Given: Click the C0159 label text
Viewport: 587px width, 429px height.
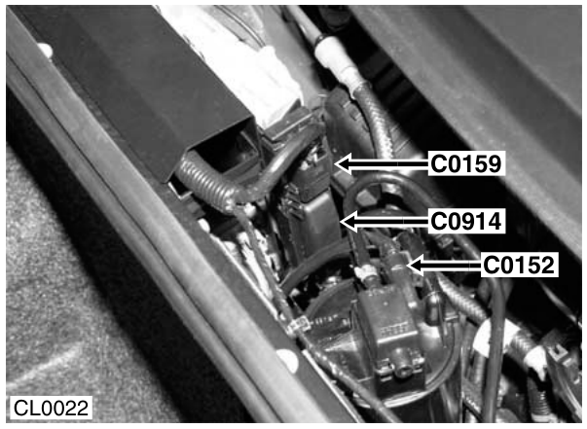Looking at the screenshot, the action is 465,163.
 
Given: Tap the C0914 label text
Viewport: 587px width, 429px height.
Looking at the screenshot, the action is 465,221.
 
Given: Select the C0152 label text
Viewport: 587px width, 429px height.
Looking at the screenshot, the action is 519,266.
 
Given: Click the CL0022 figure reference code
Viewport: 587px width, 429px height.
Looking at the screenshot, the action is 51,408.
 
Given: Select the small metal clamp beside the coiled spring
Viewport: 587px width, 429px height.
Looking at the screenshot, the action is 299,325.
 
